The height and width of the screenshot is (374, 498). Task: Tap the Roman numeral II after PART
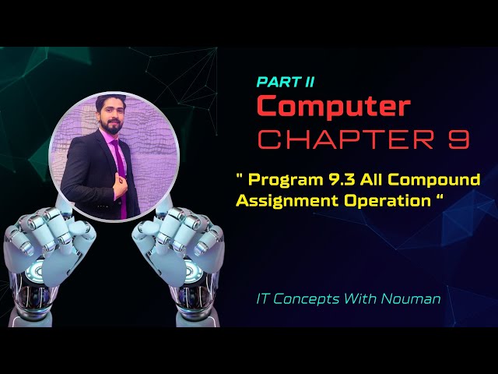pyautogui.click(x=307, y=81)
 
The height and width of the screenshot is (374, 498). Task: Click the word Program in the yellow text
pyautogui.click(x=278, y=180)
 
